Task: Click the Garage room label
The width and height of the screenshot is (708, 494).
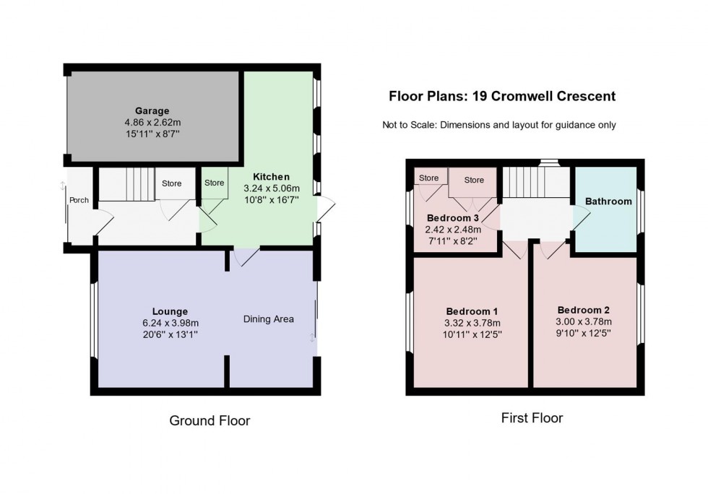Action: tap(152, 111)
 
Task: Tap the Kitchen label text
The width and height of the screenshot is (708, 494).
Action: tap(271, 176)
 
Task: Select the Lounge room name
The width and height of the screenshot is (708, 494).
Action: tap(170, 312)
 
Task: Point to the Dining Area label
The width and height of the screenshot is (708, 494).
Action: tap(269, 319)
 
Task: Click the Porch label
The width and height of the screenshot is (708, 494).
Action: tap(79, 200)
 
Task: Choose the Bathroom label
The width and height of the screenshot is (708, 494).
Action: tap(608, 201)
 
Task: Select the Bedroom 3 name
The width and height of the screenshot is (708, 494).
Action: tap(453, 218)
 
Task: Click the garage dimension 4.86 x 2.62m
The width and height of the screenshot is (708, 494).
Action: tap(152, 123)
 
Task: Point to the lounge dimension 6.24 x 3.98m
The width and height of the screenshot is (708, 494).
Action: tap(170, 324)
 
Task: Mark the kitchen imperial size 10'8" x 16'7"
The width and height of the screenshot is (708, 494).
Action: tap(271, 200)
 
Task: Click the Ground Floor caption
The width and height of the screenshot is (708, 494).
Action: tap(210, 420)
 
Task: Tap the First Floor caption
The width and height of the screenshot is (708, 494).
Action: tap(532, 417)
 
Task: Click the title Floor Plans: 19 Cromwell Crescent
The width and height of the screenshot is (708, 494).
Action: tap(502, 96)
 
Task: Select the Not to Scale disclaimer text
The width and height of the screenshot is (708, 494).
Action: tap(499, 125)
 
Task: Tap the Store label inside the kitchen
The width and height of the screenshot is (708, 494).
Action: tap(214, 183)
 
